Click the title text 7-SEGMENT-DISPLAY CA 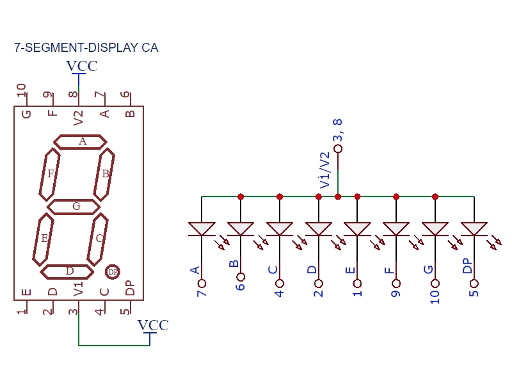click(x=86, y=48)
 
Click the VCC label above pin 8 click(x=82, y=67)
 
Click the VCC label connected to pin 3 click(x=154, y=326)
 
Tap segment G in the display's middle click(x=74, y=206)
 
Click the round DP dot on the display click(x=113, y=272)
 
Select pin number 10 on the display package click(x=22, y=91)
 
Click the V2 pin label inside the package click(x=78, y=117)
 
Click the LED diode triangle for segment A click(x=202, y=228)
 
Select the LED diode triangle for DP click(x=474, y=228)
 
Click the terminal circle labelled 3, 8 click(x=338, y=148)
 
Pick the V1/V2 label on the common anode click(x=325, y=170)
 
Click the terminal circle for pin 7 click(x=202, y=283)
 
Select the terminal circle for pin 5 click(x=474, y=283)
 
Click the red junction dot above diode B click(x=241, y=196)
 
